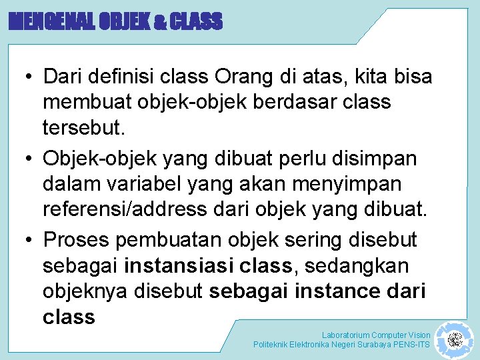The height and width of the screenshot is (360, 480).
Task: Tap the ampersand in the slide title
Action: point(161,23)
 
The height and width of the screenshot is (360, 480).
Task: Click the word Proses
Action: point(82,239)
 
